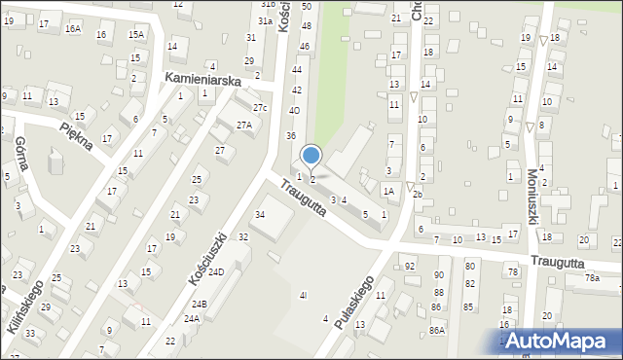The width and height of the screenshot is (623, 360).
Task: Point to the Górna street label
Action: [21, 154]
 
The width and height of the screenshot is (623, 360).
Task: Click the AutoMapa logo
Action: [558, 341]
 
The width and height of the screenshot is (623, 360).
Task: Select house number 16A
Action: [73, 29]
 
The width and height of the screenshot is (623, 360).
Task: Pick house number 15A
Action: [136, 35]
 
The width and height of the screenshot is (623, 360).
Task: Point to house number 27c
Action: [260, 107]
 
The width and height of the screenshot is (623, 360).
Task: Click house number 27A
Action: [245, 125]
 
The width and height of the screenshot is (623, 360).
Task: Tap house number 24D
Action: [215, 271]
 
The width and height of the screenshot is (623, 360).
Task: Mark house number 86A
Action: [437, 331]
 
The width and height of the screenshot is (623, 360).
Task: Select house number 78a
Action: [592, 278]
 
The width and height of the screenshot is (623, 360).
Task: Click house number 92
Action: [410, 266]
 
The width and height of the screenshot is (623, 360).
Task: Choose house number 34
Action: [260, 214]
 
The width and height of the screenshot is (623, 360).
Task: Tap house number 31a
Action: [265, 20]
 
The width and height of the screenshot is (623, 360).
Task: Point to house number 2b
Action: [417, 195]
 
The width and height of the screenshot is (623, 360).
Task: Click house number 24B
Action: [198, 304]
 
